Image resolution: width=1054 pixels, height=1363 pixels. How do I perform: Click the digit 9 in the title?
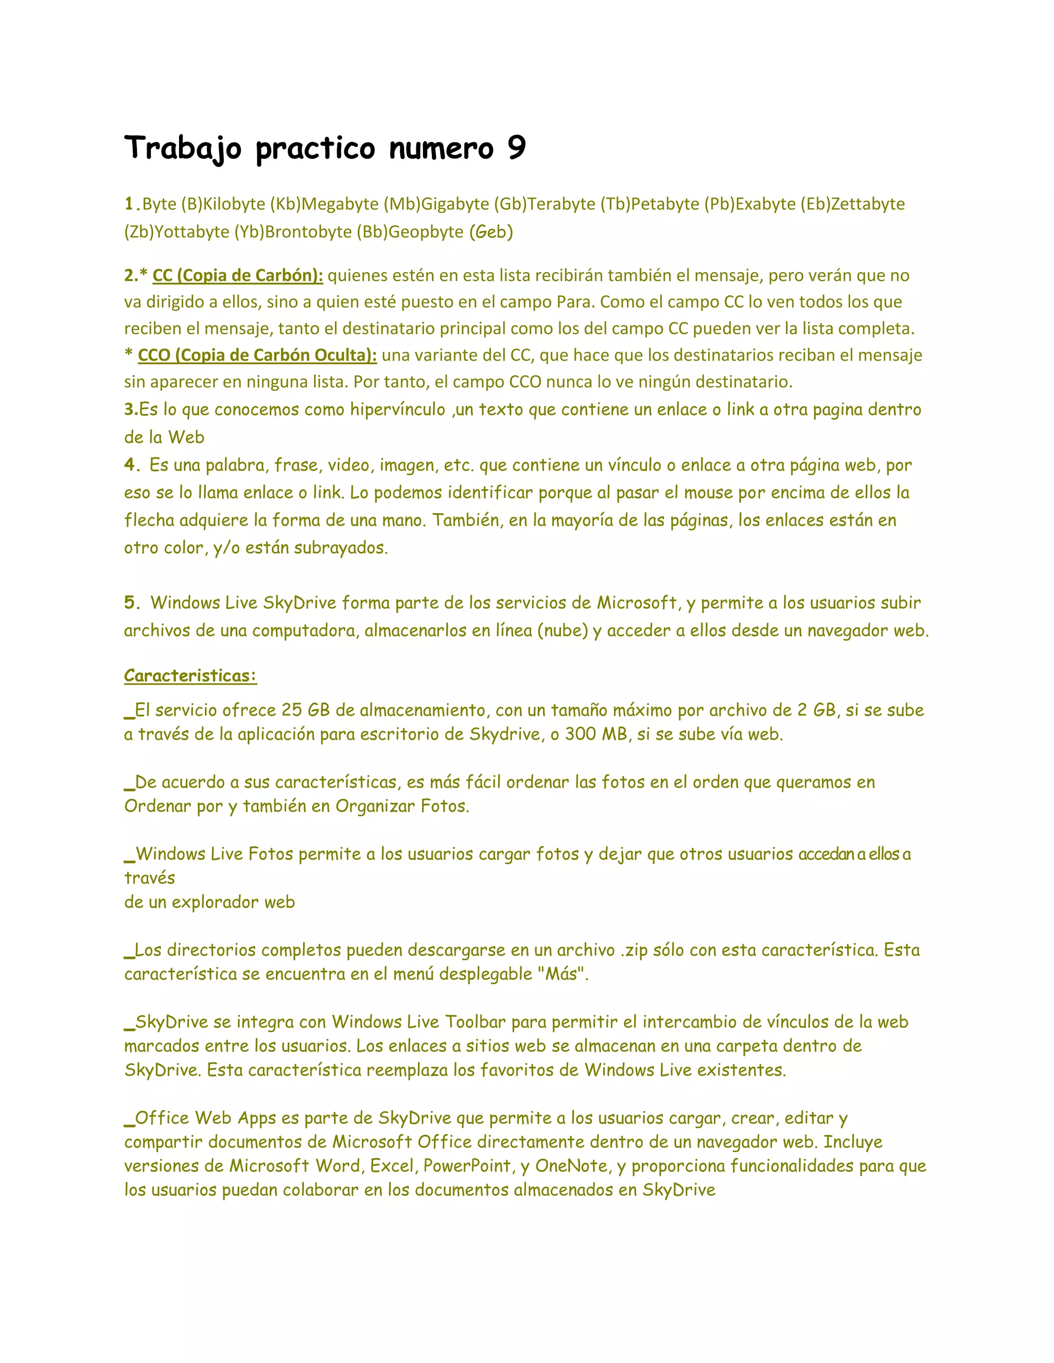[516, 149]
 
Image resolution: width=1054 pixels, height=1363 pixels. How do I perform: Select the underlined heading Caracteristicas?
[190, 676]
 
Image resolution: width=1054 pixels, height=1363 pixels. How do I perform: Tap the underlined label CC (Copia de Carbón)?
[238, 275]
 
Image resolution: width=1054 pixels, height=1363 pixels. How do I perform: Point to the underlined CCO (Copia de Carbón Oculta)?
[257, 355]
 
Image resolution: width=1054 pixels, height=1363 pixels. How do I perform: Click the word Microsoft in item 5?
[637, 602]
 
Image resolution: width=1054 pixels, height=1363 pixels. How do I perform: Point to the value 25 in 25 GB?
[291, 710]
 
